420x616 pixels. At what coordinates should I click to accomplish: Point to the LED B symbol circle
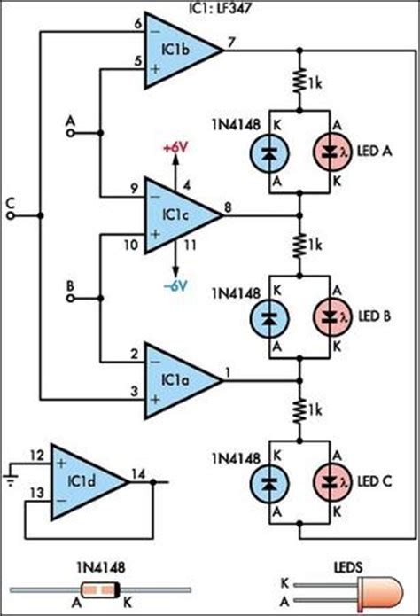click(336, 315)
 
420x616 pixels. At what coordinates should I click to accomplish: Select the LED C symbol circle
click(336, 481)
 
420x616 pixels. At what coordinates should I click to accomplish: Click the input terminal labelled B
click(70, 299)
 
